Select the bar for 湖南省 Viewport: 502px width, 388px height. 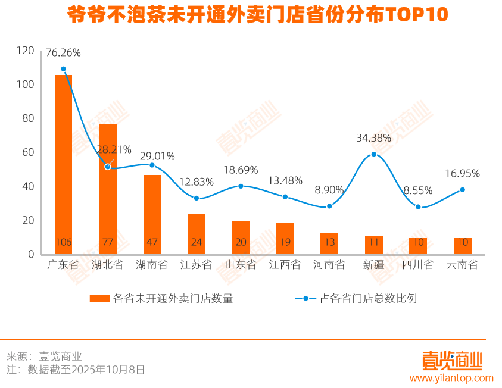point(152,214)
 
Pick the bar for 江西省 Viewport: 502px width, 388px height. point(285,238)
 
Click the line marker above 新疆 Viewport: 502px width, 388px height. point(374,154)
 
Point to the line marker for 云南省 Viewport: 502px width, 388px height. point(463,190)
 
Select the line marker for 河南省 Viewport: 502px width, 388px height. point(329,206)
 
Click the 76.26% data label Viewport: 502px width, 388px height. point(63,52)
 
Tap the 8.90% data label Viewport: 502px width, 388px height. point(329,190)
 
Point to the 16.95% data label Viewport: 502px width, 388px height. point(463,174)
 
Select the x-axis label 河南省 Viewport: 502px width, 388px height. point(329,265)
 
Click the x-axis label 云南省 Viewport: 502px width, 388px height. point(463,265)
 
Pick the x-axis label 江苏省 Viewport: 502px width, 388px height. point(197,265)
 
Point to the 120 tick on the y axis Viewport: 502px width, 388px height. point(26,51)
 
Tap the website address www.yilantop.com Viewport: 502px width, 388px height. point(451,378)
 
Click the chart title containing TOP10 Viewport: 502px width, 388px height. point(257,15)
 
